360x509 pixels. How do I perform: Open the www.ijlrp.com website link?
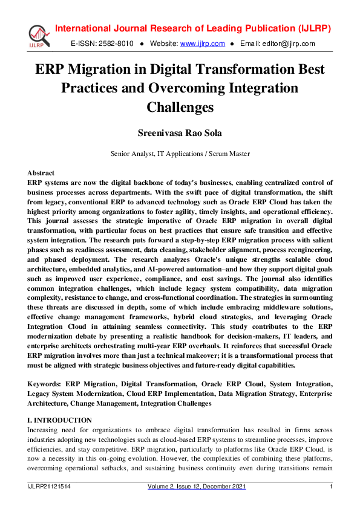[203, 44]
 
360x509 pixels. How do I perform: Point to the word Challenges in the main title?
[180, 108]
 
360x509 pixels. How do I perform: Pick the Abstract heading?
[41, 173]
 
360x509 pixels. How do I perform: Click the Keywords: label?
[45, 384]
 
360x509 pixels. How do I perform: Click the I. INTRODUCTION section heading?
[60, 420]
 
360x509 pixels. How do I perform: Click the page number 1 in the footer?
[330, 487]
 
